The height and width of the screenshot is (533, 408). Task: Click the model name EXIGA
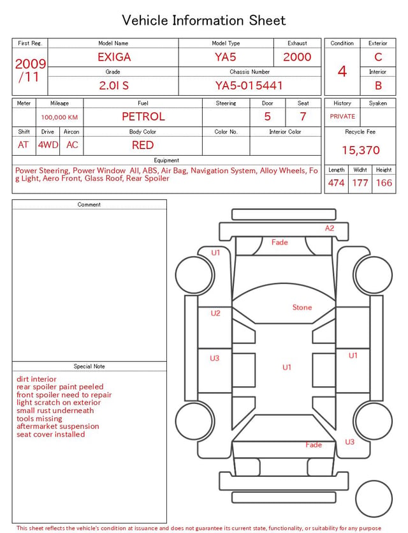coord(114,57)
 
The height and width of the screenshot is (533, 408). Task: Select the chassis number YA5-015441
coord(249,86)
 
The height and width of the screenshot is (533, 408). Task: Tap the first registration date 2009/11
coord(30,70)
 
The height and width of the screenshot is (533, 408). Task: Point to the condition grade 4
coord(342,71)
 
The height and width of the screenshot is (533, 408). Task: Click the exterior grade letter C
coord(378,57)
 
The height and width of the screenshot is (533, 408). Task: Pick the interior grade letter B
coord(378,86)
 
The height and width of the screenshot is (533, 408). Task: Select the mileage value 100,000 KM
coord(59,117)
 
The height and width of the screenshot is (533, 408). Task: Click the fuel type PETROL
coord(143,117)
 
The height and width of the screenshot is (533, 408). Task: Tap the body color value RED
coord(143,145)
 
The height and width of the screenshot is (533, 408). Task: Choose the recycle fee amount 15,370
coord(360,150)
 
